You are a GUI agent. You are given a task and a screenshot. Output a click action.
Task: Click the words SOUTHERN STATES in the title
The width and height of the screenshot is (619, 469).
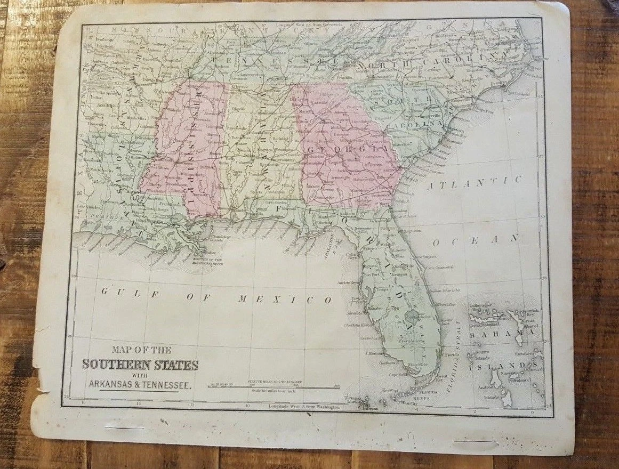[x=140, y=365]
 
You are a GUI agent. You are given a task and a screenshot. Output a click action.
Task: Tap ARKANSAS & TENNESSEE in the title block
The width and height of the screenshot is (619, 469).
[x=140, y=384]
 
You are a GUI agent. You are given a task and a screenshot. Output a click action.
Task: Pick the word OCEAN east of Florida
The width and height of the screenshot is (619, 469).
[x=476, y=241]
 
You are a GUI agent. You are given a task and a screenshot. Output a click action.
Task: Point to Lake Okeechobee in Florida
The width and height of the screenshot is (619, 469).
[x=411, y=317]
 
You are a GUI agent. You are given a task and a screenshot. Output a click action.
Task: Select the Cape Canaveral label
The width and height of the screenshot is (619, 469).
[x=439, y=267]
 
